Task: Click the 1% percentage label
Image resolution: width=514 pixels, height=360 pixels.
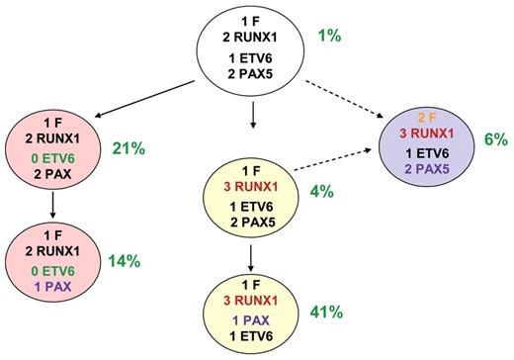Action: pyautogui.click(x=329, y=37)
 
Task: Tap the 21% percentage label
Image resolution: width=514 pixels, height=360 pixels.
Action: pyautogui.click(x=128, y=148)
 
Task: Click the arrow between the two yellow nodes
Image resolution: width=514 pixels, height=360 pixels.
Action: pyautogui.click(x=254, y=257)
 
